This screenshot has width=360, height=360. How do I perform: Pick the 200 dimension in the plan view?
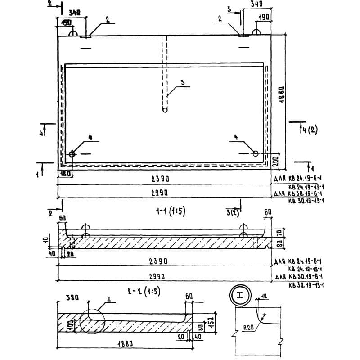coord(275,160)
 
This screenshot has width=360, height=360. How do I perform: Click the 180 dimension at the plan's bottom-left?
coord(66,174)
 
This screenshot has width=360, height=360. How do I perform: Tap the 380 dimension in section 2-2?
coord(72,297)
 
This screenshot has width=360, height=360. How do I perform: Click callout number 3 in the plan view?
coord(182,82)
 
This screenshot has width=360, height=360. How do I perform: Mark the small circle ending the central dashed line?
coord(165,109)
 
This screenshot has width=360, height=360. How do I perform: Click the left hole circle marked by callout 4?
coord(72,154)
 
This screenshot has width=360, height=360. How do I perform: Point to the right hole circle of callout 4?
coord(255,154)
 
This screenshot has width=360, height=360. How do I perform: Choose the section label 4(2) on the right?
coord(310,130)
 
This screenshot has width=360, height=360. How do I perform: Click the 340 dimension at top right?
coord(256,4)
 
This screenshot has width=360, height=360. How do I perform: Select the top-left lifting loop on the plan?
coord(72,33)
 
